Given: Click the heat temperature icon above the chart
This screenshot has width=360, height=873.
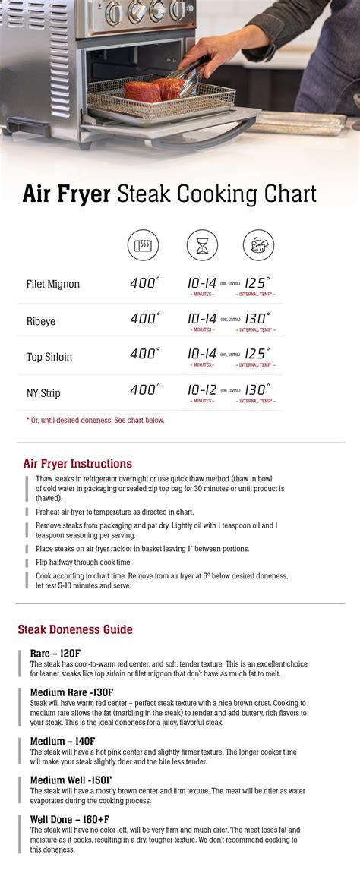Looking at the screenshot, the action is coord(143,244).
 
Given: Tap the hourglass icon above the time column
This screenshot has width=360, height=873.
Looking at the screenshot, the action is coord(202,244).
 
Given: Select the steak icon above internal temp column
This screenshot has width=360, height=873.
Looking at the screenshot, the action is coord(258,244).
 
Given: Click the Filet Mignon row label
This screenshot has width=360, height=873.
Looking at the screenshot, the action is coord(53,284).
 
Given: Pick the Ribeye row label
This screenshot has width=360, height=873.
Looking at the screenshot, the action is coord(42,321).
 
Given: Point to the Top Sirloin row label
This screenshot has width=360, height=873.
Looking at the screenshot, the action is coord(49,357).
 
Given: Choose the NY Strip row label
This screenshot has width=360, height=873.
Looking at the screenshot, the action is coord(43,393).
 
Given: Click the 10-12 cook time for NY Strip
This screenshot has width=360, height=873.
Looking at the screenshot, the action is coord(201,390).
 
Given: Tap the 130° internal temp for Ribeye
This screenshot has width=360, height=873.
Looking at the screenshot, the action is coord(257,319).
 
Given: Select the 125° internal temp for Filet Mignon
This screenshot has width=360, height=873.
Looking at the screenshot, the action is coord(257,282).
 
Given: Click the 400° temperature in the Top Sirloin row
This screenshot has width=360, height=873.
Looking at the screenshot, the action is coord(144,354).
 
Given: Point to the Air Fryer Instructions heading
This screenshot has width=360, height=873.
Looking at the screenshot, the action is coord(77,463).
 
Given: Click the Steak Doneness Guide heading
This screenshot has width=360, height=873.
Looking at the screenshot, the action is coord(75,629).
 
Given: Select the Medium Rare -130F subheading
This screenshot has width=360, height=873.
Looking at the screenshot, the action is coord(71,692).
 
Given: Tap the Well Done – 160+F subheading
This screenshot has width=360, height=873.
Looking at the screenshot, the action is coord(70,819).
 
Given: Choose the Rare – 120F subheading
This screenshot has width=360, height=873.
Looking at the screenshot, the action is coord(55,653).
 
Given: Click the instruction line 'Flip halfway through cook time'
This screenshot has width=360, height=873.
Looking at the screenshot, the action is coord(83,562).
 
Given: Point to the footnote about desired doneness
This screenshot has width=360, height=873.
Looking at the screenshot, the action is coord(95,420).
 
